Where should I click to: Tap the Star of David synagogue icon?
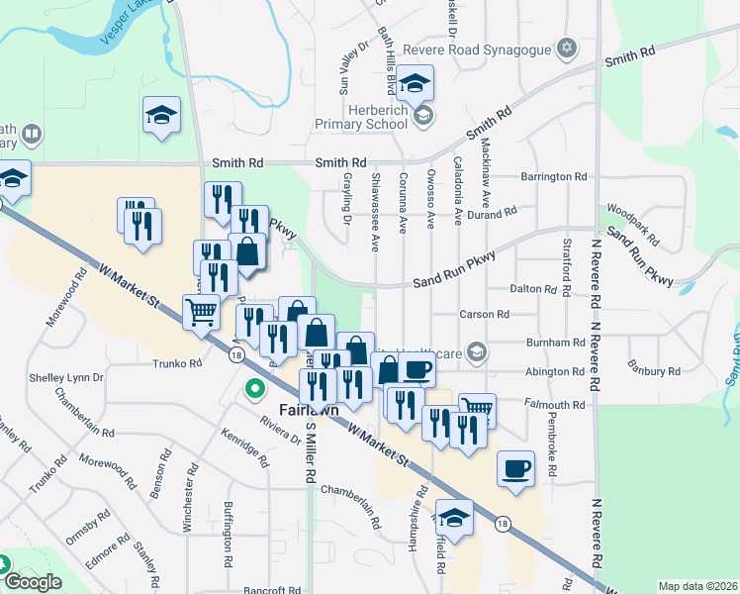pos(567,47)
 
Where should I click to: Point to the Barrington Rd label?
pos(555,176)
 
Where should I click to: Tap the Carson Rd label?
pos(484,314)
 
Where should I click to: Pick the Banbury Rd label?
pos(654,371)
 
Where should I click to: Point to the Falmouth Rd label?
pos(557,405)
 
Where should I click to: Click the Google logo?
pos(33,582)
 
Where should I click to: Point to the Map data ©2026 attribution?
pos(697,586)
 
